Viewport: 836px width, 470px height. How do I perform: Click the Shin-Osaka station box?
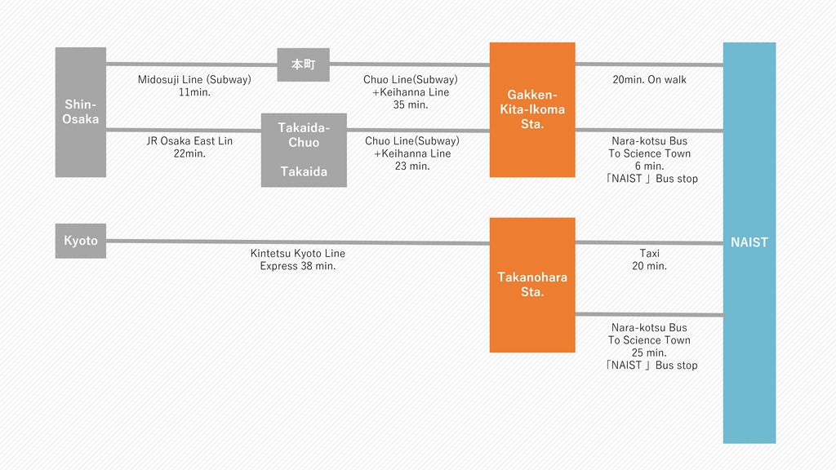80,112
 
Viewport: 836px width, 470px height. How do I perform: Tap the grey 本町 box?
303,64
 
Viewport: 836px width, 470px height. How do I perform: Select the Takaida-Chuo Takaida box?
304,150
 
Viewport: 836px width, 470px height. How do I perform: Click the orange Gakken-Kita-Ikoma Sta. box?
532,109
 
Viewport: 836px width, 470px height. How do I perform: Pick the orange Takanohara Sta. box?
532,285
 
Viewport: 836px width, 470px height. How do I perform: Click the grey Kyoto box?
80,241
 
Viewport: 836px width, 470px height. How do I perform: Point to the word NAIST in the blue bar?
749,242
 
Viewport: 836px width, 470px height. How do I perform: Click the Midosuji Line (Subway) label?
194,80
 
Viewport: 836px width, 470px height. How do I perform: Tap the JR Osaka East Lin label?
189,141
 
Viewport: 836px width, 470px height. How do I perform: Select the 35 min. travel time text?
411,104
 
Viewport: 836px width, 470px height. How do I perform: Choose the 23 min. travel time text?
411,166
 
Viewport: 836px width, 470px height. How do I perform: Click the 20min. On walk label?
649,80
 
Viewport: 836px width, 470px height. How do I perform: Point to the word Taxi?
649,254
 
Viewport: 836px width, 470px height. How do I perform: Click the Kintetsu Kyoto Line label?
298,254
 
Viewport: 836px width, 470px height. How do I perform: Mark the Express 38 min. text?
298,266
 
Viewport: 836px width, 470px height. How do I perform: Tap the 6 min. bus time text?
649,166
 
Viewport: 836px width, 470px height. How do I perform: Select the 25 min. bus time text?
649,352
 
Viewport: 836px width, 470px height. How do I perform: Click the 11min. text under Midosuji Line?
194,92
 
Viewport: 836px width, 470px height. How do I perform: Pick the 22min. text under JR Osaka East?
189,153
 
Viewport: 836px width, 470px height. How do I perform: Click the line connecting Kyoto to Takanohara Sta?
298,242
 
